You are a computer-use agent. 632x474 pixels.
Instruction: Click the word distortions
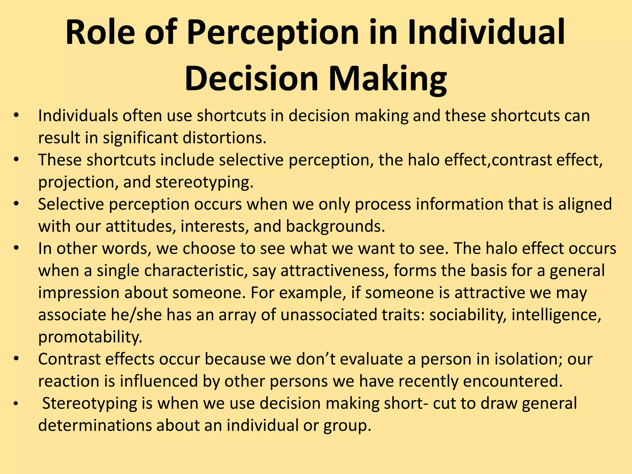(x=224, y=138)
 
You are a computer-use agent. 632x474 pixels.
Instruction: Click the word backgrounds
(x=335, y=226)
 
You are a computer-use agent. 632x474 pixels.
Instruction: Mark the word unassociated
(x=329, y=315)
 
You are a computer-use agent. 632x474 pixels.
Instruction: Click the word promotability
(x=90, y=337)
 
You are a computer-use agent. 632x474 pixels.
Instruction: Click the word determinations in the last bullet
(x=95, y=426)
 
